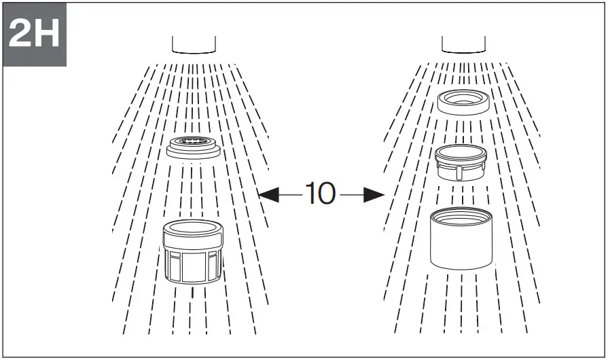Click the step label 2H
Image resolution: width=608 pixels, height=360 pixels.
[x=33, y=35]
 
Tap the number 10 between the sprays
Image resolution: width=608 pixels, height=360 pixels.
[x=320, y=194]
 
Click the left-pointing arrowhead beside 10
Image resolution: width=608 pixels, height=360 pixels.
[x=269, y=195]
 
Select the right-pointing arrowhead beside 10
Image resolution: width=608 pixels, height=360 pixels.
[x=374, y=195]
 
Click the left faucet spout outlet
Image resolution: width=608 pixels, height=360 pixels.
[x=194, y=46]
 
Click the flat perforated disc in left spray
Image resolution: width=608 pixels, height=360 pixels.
[x=193, y=147]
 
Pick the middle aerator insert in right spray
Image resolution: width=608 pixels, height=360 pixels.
[x=461, y=162]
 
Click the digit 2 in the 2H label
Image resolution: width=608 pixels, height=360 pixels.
[x=20, y=35]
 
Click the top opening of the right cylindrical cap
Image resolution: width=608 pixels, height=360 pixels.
[x=461, y=217]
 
